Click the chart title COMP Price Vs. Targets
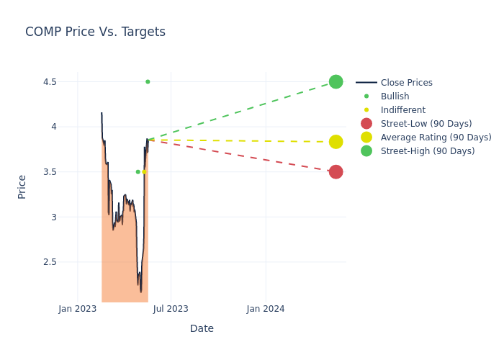[x=95, y=32]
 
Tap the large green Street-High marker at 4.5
[x=336, y=81]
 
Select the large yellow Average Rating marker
[x=336, y=142]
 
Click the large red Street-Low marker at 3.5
[x=336, y=171]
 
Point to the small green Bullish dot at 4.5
[x=148, y=81]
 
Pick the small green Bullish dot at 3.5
[x=138, y=171]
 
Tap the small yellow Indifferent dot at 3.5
[x=144, y=171]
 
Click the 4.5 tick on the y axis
[x=49, y=81]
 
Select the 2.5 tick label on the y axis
[x=49, y=261]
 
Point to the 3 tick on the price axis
[x=53, y=217]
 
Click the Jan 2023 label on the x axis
[x=78, y=309]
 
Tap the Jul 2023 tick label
[x=171, y=309]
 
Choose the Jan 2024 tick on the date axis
[x=266, y=309]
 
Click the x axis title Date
[x=202, y=328]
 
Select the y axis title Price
[x=22, y=186]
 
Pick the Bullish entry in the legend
[x=395, y=96]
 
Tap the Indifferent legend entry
[x=402, y=110]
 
